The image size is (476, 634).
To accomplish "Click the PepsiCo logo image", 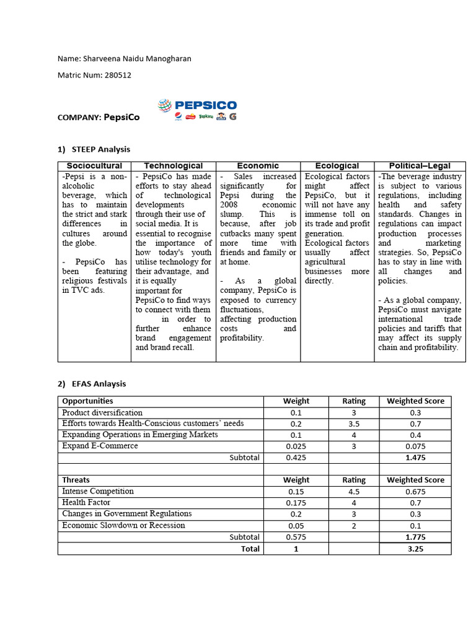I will tap(196, 110).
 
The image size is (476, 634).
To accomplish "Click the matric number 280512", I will tap(117, 75).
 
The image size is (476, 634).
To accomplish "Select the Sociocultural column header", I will tap(94, 166).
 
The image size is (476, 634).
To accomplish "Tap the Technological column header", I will tap(173, 166).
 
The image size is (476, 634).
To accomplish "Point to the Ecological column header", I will tap(337, 166).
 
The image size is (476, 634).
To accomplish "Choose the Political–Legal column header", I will tap(420, 166).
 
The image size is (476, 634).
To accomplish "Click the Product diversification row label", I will tap(102, 412).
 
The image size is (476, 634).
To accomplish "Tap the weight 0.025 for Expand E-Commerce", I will tap(296, 446).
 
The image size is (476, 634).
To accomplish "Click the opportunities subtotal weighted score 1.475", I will tap(415, 458).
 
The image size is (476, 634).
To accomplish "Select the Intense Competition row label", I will tap(98, 491).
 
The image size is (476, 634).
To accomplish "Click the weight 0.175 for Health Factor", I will tap(296, 503).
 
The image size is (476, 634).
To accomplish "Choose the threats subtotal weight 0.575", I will tap(296, 537).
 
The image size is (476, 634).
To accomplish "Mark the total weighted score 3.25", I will tap(415, 549).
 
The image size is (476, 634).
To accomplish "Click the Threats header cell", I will tap(76, 480).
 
